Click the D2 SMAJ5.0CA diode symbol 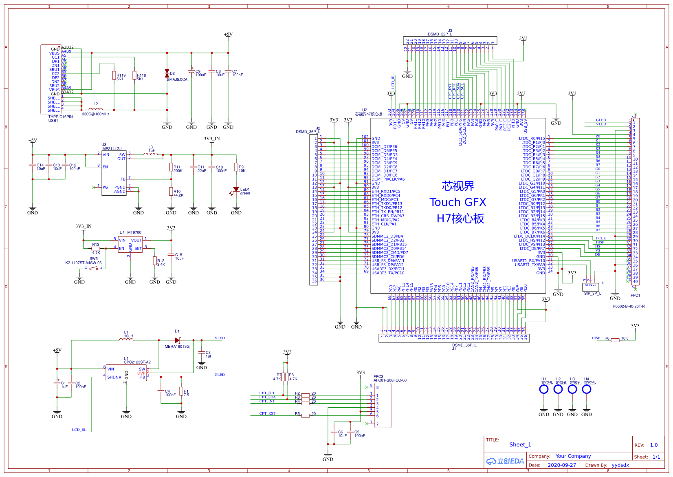pyautogui.click(x=167, y=73)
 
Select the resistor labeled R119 pyautogui.click(x=114, y=75)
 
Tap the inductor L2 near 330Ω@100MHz pyautogui.click(x=96, y=109)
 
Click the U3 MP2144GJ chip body pyautogui.click(x=114, y=173)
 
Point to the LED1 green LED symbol pyautogui.click(x=236, y=190)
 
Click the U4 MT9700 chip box pyautogui.click(x=130, y=244)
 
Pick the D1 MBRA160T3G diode pyautogui.click(x=177, y=340)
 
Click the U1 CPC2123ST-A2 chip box pyautogui.click(x=126, y=373)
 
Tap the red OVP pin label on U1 pyautogui.click(x=141, y=373)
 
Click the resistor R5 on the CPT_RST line pyautogui.click(x=306, y=415)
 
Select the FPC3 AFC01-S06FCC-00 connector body pyautogui.click(x=383, y=405)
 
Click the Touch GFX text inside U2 pyautogui.click(x=458, y=202)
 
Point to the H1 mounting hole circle pyautogui.click(x=544, y=389)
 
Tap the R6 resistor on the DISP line pyautogui.click(x=615, y=340)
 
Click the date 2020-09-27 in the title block pyautogui.click(x=562, y=465)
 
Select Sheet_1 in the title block pyautogui.click(x=520, y=444)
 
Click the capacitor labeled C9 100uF pyautogui.click(x=191, y=72)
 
